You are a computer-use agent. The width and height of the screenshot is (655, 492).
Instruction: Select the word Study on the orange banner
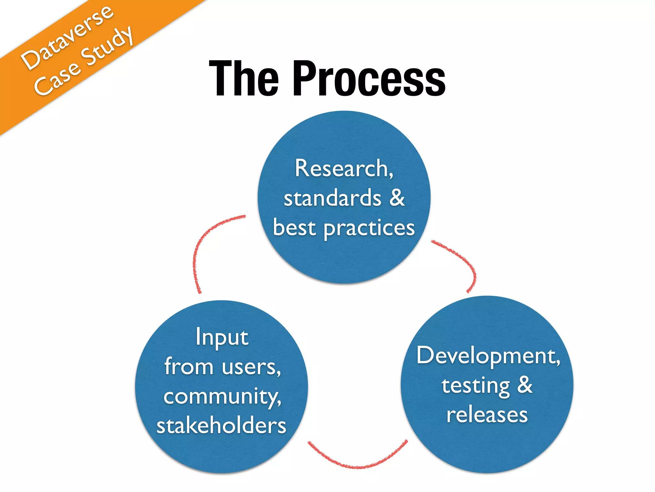(x=107, y=46)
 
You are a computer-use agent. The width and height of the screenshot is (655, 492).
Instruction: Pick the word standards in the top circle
(x=333, y=198)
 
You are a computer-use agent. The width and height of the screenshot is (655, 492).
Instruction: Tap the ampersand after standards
(x=397, y=197)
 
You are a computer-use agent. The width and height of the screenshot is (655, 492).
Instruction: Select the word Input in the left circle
(x=222, y=337)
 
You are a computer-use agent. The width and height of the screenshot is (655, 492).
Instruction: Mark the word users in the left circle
(x=251, y=367)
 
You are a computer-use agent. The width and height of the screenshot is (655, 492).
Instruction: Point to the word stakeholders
(x=221, y=426)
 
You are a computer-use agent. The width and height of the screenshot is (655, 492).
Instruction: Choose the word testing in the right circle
(x=476, y=386)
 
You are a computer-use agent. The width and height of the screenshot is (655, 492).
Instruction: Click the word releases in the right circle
(x=487, y=415)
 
